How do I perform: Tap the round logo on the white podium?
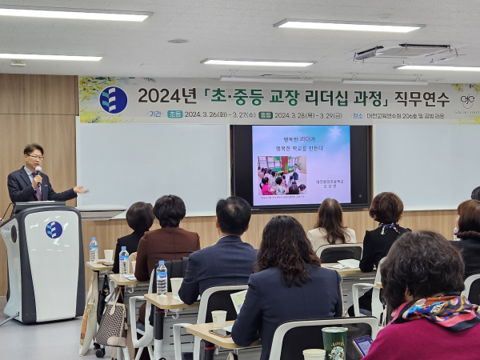pyautogui.click(x=54, y=230)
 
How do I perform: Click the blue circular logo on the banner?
pyautogui.click(x=113, y=99)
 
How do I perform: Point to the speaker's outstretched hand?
pyautogui.click(x=80, y=190)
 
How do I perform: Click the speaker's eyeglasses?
pyautogui.click(x=34, y=158)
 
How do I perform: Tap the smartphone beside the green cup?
pyautogui.click(x=362, y=345)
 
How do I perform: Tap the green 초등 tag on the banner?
pyautogui.click(x=174, y=114)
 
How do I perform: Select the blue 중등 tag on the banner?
pyautogui.click(x=265, y=114)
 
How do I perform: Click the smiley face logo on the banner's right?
pyautogui.click(x=467, y=102)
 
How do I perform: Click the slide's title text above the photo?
pyautogui.click(x=301, y=142)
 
